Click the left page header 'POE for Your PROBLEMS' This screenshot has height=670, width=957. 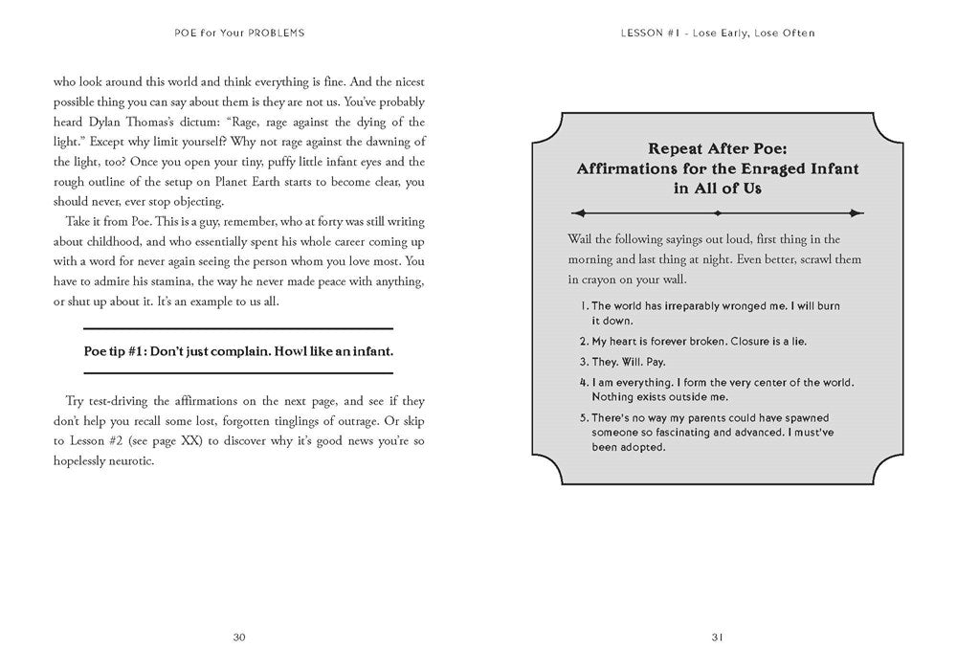coord(239,33)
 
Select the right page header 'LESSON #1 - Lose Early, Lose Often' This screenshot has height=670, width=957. coord(717,33)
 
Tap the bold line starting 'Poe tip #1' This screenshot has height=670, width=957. coord(239,351)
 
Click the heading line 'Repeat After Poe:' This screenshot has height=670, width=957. coord(717,148)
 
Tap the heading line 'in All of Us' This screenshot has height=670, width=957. coord(717,189)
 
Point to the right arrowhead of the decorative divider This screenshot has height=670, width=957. coord(859,213)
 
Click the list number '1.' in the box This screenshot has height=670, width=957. coord(584,306)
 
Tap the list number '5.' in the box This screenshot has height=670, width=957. coord(584,418)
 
